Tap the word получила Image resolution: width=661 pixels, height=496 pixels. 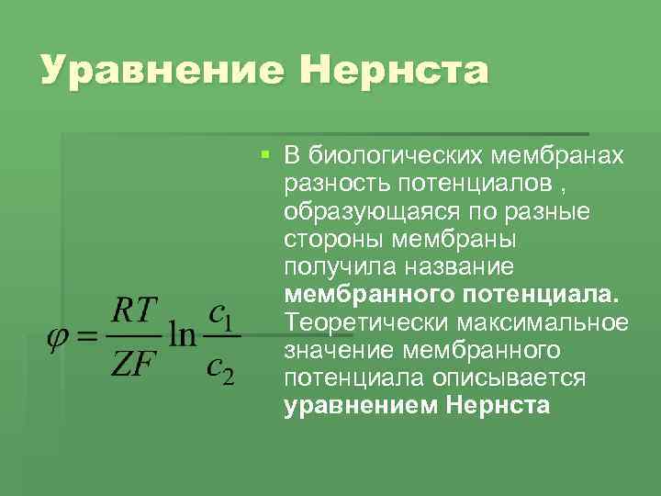pyautogui.click(x=335, y=267)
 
